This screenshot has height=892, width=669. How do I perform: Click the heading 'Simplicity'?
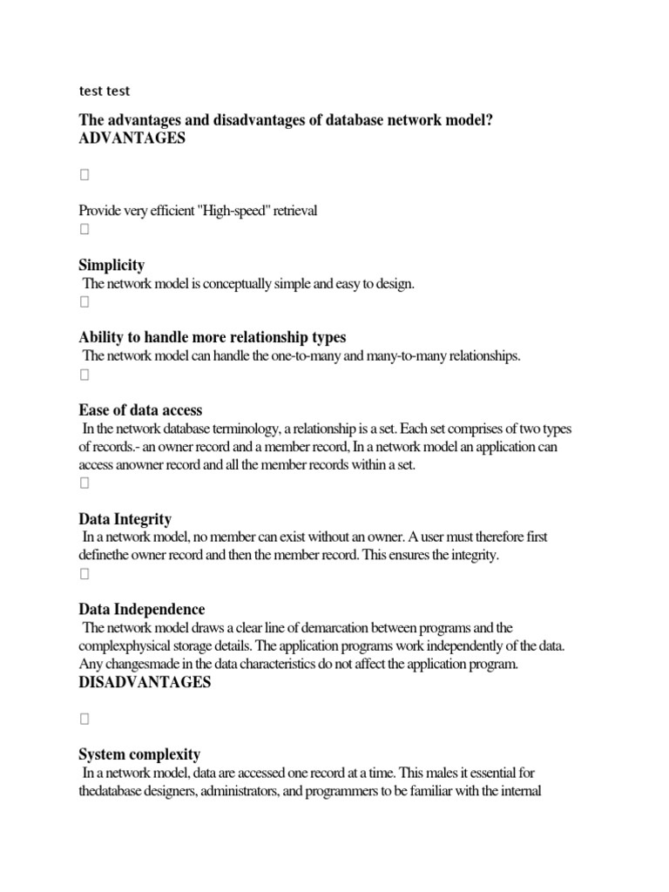tap(111, 265)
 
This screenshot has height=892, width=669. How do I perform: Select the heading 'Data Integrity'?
tap(125, 519)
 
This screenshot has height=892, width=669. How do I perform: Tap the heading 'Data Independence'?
tap(142, 609)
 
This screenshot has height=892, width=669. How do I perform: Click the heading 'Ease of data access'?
tap(140, 409)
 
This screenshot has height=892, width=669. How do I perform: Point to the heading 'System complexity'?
tap(139, 754)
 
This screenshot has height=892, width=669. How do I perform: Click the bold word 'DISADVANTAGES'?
tap(145, 682)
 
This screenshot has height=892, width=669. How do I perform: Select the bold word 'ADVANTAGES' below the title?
tap(132, 139)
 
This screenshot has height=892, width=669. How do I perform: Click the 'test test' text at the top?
tap(105, 91)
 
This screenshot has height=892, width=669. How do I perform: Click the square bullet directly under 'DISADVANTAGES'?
tap(84, 720)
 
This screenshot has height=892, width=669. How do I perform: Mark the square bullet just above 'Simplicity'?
tap(84, 230)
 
